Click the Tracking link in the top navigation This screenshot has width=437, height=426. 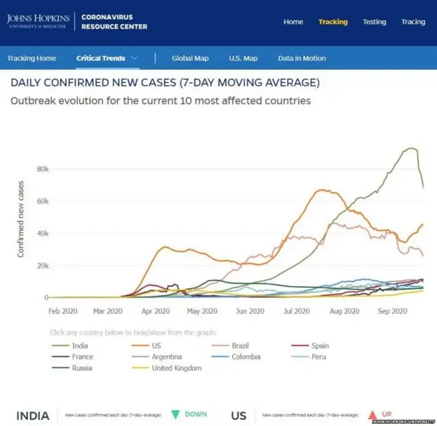[333, 22]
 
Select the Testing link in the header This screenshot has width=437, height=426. [374, 22]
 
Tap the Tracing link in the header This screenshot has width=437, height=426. [413, 22]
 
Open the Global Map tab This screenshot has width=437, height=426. [190, 59]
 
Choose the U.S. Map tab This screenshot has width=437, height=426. [243, 59]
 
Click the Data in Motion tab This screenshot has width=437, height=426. [302, 59]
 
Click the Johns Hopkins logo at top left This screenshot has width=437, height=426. [38, 21]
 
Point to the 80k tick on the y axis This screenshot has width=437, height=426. [42, 169]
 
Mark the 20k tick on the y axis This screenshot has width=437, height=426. [42, 266]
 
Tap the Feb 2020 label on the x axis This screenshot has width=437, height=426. [64, 311]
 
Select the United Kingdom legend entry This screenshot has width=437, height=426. [176, 368]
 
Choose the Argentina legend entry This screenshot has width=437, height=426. [166, 356]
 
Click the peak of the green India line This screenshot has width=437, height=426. [411, 148]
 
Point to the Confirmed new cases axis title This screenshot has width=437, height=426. [21, 218]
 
